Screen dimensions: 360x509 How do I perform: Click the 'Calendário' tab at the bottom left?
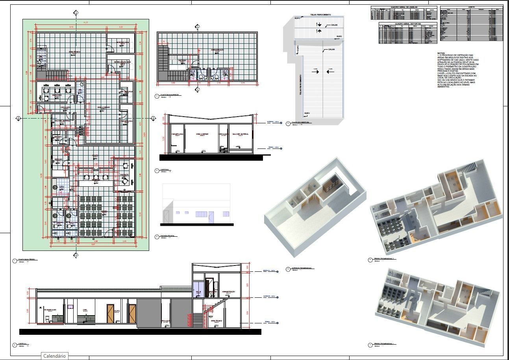pos(54,356)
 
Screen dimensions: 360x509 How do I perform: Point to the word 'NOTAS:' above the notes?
pos(441,53)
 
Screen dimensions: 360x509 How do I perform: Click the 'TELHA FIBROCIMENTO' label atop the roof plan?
pos(320,15)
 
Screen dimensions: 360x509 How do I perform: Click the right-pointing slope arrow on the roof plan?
pos(315,72)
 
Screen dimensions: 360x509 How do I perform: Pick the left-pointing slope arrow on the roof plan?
pos(330,72)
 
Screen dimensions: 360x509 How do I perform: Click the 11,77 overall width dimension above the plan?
pos(85,23)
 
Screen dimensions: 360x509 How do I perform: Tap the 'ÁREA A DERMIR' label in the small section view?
pos(202,134)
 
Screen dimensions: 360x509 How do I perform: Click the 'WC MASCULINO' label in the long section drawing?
pos(50,310)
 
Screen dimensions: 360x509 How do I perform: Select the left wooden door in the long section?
pos(111,314)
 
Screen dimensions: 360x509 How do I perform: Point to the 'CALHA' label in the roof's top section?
pos(334,25)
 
